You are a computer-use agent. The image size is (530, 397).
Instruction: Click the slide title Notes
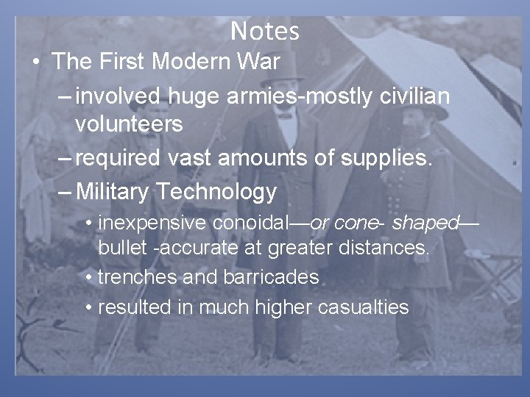click(x=265, y=31)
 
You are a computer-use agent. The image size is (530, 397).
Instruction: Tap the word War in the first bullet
click(x=261, y=62)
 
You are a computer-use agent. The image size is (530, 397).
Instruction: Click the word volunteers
click(x=129, y=124)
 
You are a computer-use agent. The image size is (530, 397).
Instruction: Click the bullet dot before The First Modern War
click(x=36, y=62)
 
